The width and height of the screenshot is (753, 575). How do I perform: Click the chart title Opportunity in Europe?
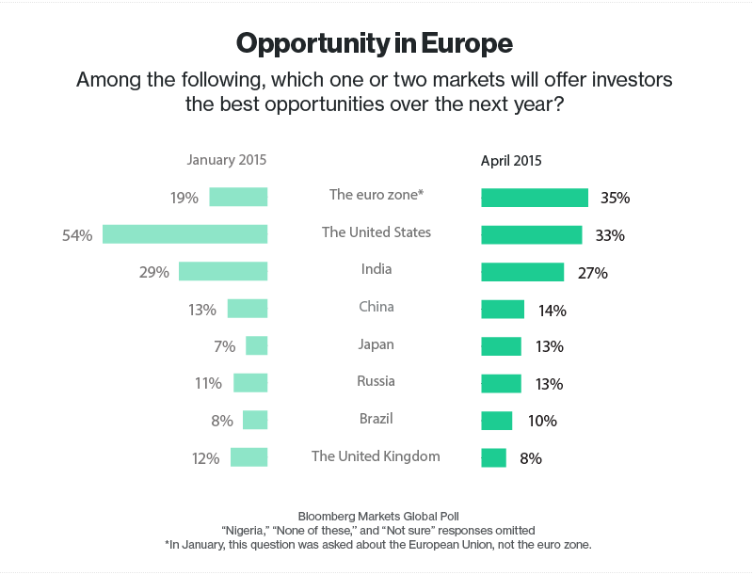click(x=375, y=43)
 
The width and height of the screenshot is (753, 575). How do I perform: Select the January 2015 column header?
click(x=226, y=160)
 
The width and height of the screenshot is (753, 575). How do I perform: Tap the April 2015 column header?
click(x=511, y=160)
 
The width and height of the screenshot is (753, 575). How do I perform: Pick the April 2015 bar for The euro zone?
click(x=535, y=198)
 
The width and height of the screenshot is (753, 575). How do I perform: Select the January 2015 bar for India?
click(x=223, y=271)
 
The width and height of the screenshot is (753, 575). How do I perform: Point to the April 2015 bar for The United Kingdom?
click(x=493, y=458)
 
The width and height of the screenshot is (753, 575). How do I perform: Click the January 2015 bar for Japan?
click(x=257, y=346)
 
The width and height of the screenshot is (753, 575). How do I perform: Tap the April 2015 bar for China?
click(x=503, y=310)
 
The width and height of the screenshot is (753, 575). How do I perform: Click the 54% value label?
click(x=77, y=235)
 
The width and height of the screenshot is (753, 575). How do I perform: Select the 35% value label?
click(x=615, y=199)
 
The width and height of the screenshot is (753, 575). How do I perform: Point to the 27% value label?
click(x=593, y=273)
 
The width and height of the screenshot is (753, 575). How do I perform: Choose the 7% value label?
click(x=224, y=346)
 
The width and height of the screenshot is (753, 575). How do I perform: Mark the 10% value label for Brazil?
click(x=542, y=422)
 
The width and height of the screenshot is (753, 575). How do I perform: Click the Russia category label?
click(x=376, y=381)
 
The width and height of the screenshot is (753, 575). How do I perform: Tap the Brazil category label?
click(x=376, y=418)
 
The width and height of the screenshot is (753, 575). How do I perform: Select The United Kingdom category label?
click(x=376, y=456)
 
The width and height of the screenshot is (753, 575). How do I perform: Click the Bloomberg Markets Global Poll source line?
click(x=376, y=517)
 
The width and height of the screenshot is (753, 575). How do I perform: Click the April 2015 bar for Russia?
click(x=501, y=384)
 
